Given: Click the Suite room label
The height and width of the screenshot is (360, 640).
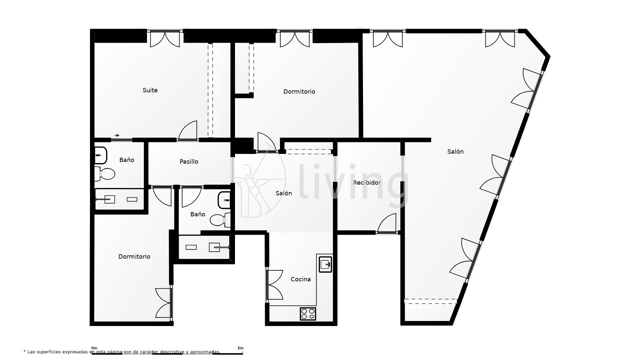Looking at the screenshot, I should (x=150, y=90).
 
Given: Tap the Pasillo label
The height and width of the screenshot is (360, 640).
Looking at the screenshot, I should (x=189, y=162).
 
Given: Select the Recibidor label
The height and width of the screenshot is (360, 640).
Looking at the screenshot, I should (x=367, y=183).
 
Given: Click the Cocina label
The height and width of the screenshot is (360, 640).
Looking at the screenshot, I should (x=300, y=279).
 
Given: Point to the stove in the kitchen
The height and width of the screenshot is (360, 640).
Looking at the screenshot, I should (x=308, y=314).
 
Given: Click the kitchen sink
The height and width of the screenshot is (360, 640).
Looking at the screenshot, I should (x=325, y=264).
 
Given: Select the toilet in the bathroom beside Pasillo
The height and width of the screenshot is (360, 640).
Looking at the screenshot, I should (x=220, y=220).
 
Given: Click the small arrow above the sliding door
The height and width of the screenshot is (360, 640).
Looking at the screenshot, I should (x=117, y=135).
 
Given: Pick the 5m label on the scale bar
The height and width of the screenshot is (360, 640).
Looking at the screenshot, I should (x=240, y=348).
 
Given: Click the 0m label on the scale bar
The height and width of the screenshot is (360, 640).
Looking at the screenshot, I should (x=94, y=348).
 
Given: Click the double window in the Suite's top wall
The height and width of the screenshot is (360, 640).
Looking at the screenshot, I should (x=165, y=38).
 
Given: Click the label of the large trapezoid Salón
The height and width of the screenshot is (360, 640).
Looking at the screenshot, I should (x=455, y=152).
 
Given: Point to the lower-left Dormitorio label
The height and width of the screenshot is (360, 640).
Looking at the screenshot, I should (x=134, y=257).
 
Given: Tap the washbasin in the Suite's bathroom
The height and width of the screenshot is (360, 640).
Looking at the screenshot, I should (x=100, y=155).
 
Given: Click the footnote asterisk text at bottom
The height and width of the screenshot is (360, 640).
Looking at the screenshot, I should (x=122, y=352).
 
